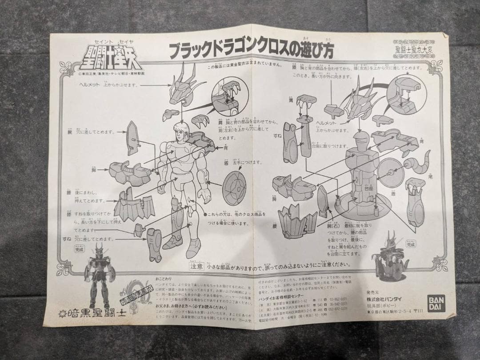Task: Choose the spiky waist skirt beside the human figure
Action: [134, 205]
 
